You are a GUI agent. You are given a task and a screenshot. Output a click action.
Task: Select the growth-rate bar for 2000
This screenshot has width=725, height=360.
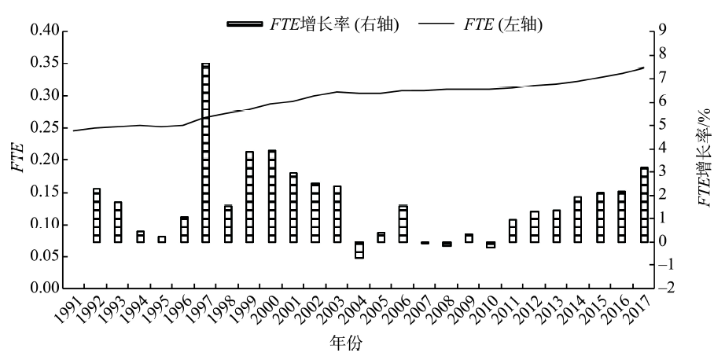[272, 196]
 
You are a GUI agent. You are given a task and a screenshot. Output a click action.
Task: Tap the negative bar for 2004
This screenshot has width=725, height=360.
[359, 250]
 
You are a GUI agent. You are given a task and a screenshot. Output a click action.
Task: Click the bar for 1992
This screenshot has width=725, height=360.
[97, 215]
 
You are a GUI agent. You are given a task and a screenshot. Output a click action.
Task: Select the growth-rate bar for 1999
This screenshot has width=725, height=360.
[249, 197]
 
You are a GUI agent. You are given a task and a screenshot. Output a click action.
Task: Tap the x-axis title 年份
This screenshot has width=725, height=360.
[347, 343]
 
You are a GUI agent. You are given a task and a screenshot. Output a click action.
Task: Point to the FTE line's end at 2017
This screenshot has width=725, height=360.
[643, 68]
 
